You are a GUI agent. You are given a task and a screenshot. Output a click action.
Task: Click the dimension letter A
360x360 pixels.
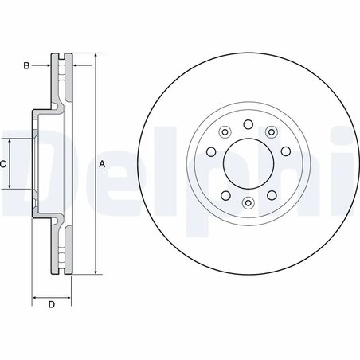click(x=102, y=163)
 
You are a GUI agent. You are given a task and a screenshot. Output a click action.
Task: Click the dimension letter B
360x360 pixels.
click(x=25, y=65)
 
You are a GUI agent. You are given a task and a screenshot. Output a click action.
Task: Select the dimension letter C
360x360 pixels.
click(x=4, y=163)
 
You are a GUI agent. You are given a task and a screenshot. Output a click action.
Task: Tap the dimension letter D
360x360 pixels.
click(x=50, y=305)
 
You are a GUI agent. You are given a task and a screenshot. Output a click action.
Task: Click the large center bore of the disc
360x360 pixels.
click(x=247, y=163)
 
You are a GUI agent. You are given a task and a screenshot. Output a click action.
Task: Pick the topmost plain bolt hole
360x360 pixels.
click(x=247, y=123)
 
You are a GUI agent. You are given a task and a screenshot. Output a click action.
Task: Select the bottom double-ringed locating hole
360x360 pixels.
click(x=247, y=203)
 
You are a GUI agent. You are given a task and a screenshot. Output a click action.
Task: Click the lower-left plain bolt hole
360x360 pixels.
click(x=225, y=194)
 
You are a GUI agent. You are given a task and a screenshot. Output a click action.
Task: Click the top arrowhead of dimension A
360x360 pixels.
click(x=96, y=57)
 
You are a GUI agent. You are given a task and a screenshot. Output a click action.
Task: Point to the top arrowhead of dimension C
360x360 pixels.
click(x=10, y=140)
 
